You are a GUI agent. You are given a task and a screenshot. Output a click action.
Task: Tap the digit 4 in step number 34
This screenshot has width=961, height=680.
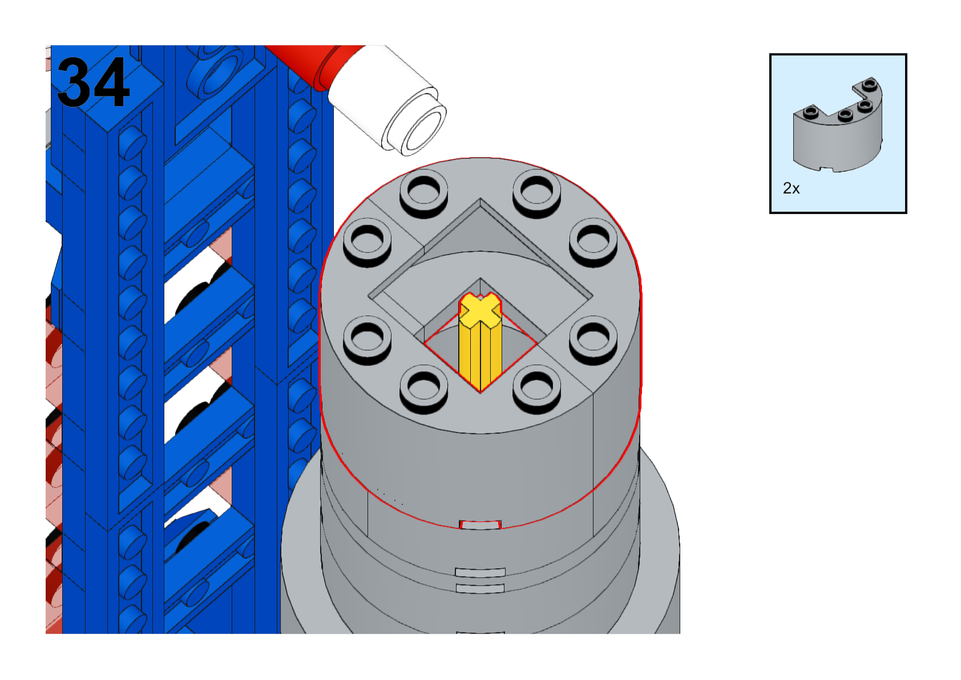click(x=110, y=82)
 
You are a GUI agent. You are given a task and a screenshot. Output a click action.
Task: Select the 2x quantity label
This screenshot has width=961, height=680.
click(x=791, y=188)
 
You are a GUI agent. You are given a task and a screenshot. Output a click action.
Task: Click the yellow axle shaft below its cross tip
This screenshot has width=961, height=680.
click(x=480, y=354)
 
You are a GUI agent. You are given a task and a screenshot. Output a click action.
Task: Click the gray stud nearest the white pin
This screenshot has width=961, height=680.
click(x=423, y=191)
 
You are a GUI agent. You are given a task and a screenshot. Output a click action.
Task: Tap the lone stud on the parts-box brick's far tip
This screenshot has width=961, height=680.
click(x=869, y=84)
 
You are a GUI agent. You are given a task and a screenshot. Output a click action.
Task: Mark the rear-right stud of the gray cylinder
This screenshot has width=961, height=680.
click(x=536, y=191)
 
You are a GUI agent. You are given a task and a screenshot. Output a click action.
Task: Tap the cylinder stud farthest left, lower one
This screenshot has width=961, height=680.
click(x=368, y=338)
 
